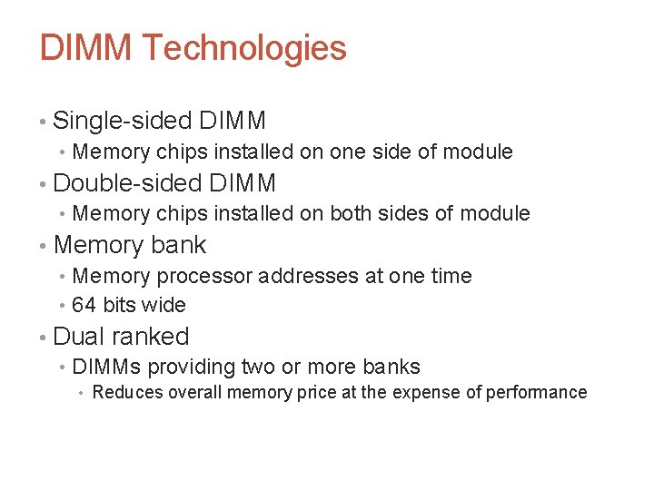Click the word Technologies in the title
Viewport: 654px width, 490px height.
tap(244, 48)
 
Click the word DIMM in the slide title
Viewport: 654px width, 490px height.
tap(86, 48)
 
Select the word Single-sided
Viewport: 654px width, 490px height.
tap(122, 120)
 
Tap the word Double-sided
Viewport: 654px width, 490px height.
tap(126, 182)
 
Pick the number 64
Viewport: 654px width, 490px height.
tap(84, 305)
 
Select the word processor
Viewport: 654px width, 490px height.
tap(207, 276)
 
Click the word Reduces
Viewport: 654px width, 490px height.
tap(123, 392)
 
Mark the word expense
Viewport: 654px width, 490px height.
tap(431, 392)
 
